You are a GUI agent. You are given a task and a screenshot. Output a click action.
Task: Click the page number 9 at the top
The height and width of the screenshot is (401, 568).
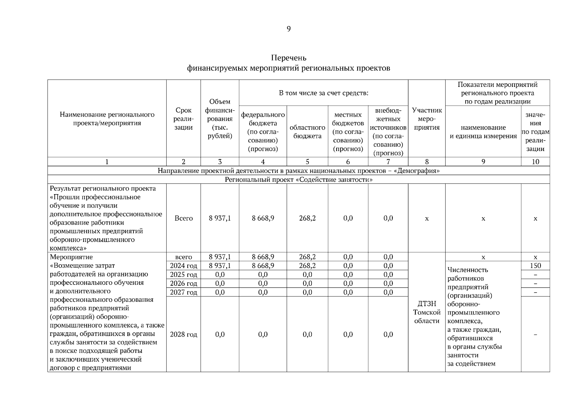pyautogui.click(x=288, y=29)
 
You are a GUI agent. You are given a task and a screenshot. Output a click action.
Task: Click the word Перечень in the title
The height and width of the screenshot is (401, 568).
pyautogui.click(x=288, y=58)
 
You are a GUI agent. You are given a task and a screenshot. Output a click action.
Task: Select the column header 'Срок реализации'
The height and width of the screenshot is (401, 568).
pyautogui.click(x=184, y=119)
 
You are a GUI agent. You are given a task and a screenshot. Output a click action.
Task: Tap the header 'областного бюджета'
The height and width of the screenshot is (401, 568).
pyautogui.click(x=307, y=132)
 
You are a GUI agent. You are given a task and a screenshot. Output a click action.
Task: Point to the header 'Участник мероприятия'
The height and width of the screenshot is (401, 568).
pyautogui.click(x=427, y=119)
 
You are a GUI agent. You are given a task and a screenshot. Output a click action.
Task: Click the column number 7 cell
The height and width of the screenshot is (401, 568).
pyautogui.click(x=388, y=162)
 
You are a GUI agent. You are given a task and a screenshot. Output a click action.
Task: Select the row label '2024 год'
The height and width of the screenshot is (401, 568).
pyautogui.click(x=184, y=266)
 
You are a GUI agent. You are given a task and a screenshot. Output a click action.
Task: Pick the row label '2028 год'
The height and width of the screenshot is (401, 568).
pyautogui.click(x=184, y=335)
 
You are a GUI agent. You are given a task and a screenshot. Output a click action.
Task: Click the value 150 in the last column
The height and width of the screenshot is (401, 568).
pyautogui.click(x=535, y=266)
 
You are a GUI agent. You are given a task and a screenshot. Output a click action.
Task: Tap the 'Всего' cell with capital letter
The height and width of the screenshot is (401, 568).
pyautogui.click(x=184, y=218)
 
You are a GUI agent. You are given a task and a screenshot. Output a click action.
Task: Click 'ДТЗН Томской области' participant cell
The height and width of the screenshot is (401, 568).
pyautogui.click(x=427, y=312)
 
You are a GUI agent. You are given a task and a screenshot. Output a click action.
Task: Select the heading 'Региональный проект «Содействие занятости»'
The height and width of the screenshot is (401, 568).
pyautogui.click(x=298, y=180)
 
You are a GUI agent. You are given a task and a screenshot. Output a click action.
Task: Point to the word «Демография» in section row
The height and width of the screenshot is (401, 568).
pyautogui.click(x=416, y=171)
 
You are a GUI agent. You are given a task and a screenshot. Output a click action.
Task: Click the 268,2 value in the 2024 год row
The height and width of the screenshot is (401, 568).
pyautogui.click(x=307, y=266)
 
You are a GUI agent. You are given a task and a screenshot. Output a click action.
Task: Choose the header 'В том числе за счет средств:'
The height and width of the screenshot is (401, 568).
pyautogui.click(x=323, y=93)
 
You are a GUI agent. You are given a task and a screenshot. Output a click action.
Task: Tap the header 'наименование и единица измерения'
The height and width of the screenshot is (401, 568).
pyautogui.click(x=483, y=132)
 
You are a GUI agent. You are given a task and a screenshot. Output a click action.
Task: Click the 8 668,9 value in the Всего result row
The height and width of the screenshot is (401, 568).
pyautogui.click(x=263, y=218)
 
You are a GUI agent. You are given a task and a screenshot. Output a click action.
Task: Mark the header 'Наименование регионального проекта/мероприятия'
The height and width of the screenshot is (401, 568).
pyautogui.click(x=107, y=119)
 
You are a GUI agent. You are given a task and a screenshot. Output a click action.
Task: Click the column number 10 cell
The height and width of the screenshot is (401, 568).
pyautogui.click(x=535, y=162)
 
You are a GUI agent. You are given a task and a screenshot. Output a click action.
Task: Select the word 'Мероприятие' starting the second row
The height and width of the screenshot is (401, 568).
pyautogui.click(x=71, y=257)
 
